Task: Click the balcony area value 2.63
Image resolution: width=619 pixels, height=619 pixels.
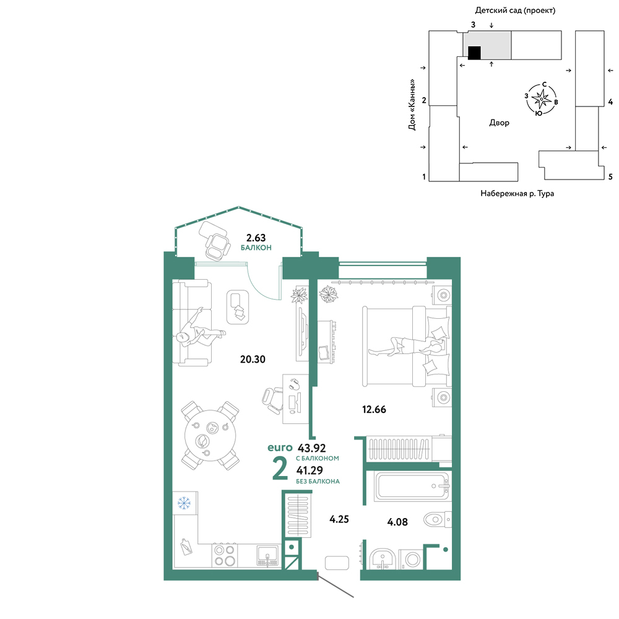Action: (256, 238)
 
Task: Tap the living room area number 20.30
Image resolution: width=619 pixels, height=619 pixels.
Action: (253, 359)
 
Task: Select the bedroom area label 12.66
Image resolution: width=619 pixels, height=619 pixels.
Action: (374, 409)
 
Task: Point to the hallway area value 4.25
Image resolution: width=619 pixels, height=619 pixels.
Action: (339, 519)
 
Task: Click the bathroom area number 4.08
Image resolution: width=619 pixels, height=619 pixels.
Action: (397, 522)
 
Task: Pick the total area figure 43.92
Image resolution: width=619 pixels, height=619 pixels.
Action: (311, 448)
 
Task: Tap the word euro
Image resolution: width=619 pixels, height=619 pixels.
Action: (280, 448)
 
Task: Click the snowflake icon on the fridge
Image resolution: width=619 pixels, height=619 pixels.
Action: (184, 503)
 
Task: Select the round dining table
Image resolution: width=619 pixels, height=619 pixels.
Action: (210, 435)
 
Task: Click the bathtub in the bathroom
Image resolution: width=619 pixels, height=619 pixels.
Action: (412, 487)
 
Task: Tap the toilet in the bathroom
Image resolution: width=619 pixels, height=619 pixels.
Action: (437, 519)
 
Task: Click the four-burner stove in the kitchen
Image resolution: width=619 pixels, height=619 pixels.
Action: (224, 555)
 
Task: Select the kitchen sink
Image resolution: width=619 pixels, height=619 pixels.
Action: (267, 555)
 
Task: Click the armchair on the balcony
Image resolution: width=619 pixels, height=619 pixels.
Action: (216, 246)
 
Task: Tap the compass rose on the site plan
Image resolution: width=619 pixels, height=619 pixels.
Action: (541, 98)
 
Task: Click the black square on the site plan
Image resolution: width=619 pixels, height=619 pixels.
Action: (474, 53)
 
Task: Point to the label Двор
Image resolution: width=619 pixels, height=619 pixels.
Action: (499, 123)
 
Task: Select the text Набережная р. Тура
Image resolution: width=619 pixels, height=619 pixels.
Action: (517, 193)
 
